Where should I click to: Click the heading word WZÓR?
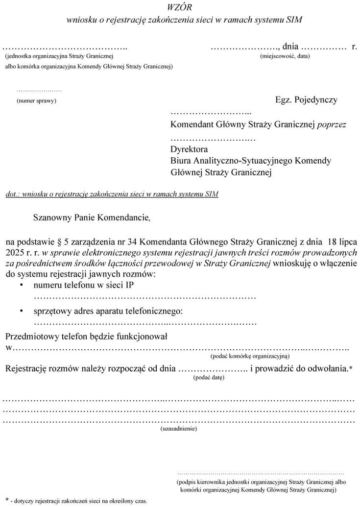180,7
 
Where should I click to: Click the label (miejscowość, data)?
285,56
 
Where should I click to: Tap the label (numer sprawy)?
36,100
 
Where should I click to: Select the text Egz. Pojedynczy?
306,99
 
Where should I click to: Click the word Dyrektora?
189,149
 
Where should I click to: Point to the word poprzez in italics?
332,124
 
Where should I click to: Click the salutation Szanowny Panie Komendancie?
93,217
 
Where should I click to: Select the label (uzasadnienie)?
179,429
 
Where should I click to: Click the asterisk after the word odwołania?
351,367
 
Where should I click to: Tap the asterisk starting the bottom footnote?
7,499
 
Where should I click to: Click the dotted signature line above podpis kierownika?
260,474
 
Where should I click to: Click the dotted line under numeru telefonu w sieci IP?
144,297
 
